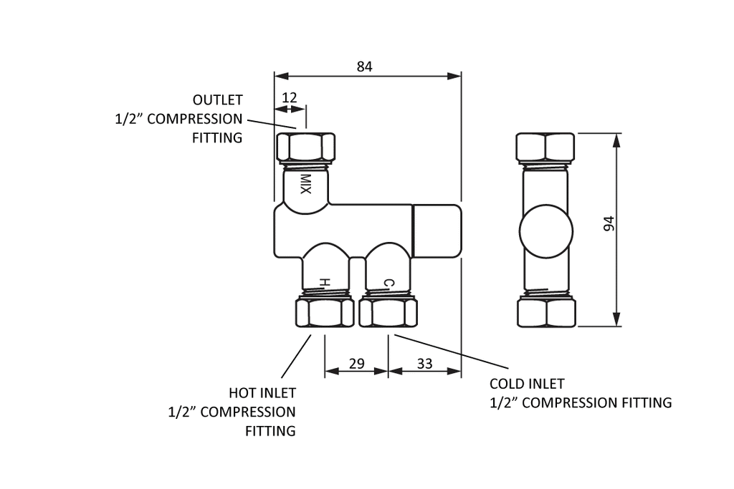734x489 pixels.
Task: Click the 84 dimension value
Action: [x=364, y=67]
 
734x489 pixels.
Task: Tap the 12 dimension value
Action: [x=290, y=97]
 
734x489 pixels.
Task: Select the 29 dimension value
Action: [x=357, y=363]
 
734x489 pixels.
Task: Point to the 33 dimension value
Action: [x=424, y=363]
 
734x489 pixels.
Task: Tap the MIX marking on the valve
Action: [x=305, y=184]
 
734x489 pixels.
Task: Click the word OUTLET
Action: [x=218, y=100]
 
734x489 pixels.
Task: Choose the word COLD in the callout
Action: [x=506, y=384]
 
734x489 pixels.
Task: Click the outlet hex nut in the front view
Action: [x=306, y=147]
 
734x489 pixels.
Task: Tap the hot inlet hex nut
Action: [x=325, y=312]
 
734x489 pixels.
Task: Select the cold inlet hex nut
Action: [x=388, y=312]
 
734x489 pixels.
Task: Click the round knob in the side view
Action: [x=545, y=231]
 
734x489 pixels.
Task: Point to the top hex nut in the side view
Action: [x=545, y=147]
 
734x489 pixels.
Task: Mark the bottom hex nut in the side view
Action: [x=546, y=312]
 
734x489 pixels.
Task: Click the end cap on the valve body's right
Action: [x=437, y=231]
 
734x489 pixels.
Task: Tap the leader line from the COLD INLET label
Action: [x=452, y=351]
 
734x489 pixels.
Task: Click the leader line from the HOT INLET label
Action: [x=296, y=356]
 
